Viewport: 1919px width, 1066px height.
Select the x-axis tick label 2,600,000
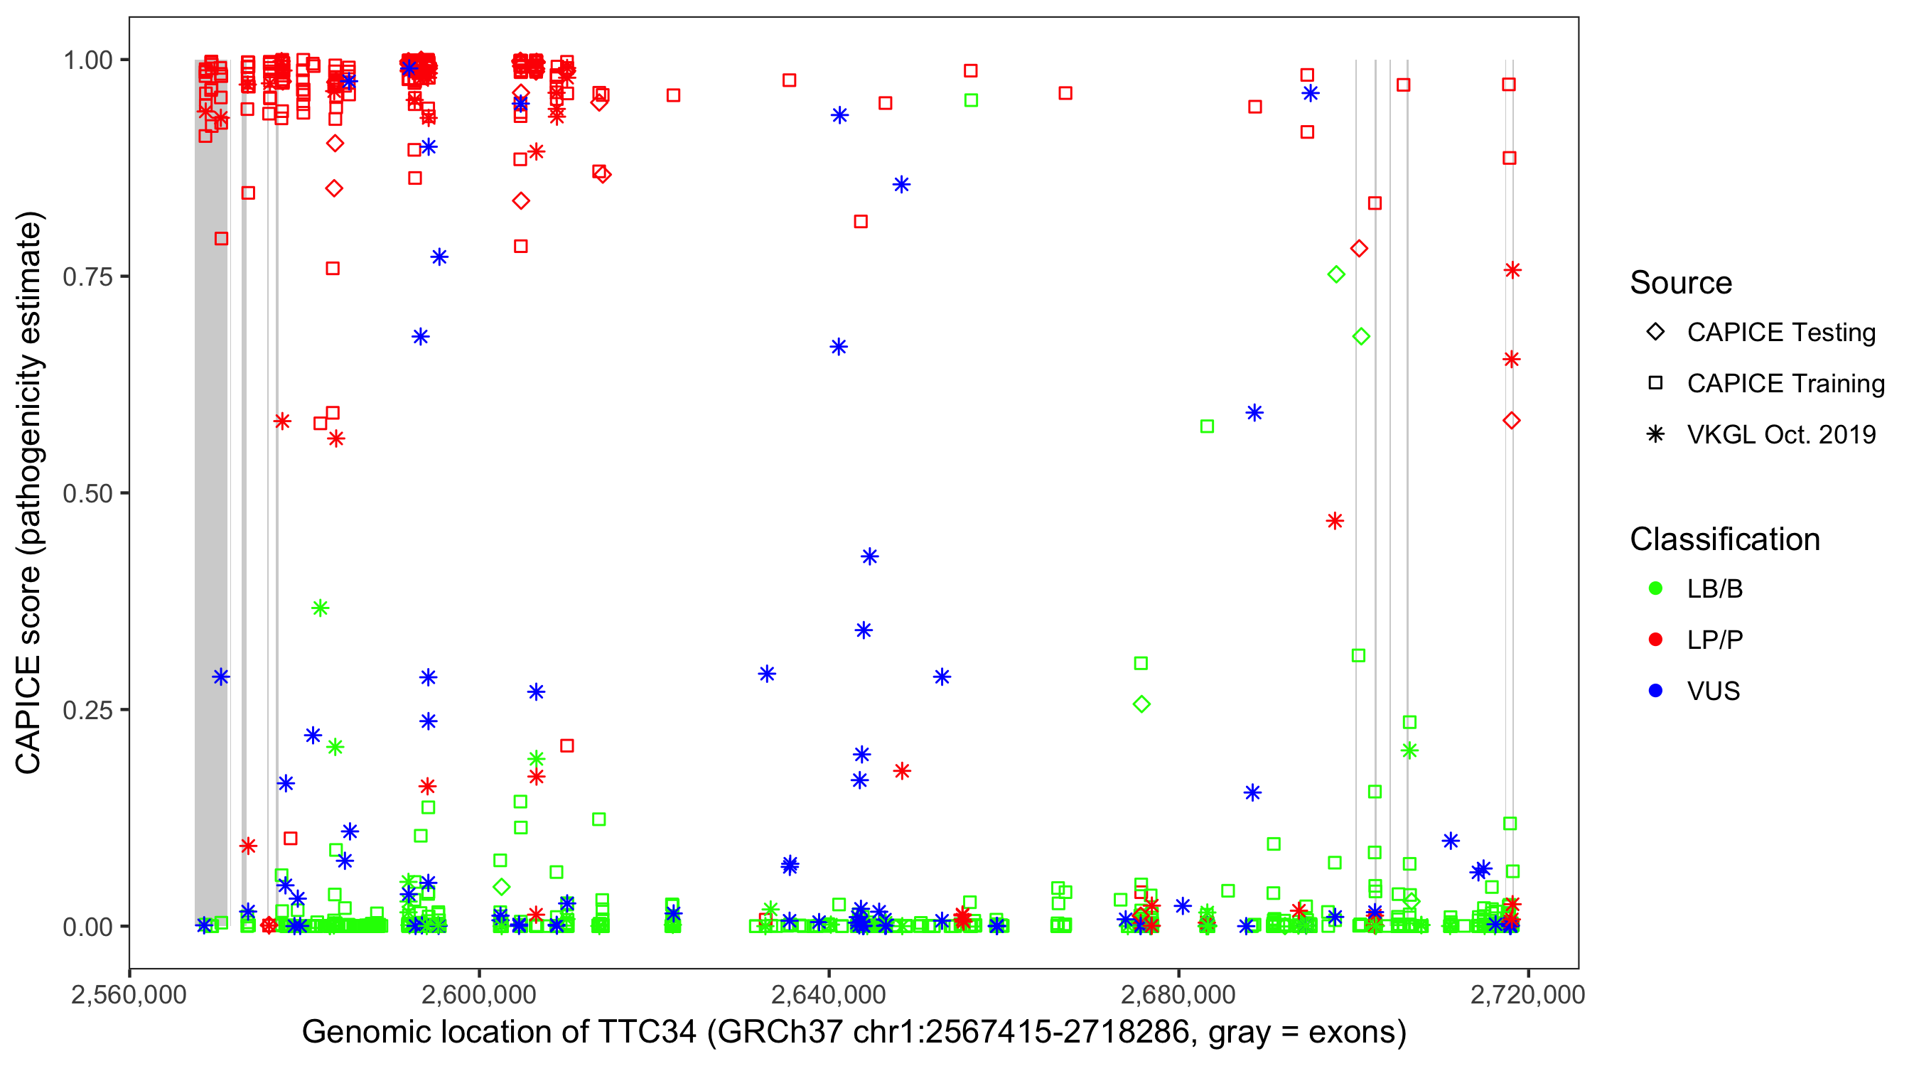coord(478,995)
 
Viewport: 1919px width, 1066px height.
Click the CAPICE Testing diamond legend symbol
coord(1655,333)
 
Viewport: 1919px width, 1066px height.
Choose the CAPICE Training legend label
coord(1785,384)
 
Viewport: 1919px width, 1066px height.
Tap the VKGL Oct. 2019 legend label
coord(1781,434)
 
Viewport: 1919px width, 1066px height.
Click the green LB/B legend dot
coord(1655,588)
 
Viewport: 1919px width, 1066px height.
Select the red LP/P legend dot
coord(1655,640)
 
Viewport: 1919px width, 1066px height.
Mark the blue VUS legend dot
coord(1655,691)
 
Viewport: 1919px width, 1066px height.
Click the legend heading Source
coord(1681,283)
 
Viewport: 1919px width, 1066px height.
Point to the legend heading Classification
coord(1724,539)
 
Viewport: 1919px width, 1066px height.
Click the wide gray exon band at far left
coord(211,492)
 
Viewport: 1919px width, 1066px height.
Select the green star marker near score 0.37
coord(321,608)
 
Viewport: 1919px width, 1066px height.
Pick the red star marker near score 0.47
coord(1334,521)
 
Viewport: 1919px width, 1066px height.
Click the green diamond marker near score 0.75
coord(1335,275)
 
